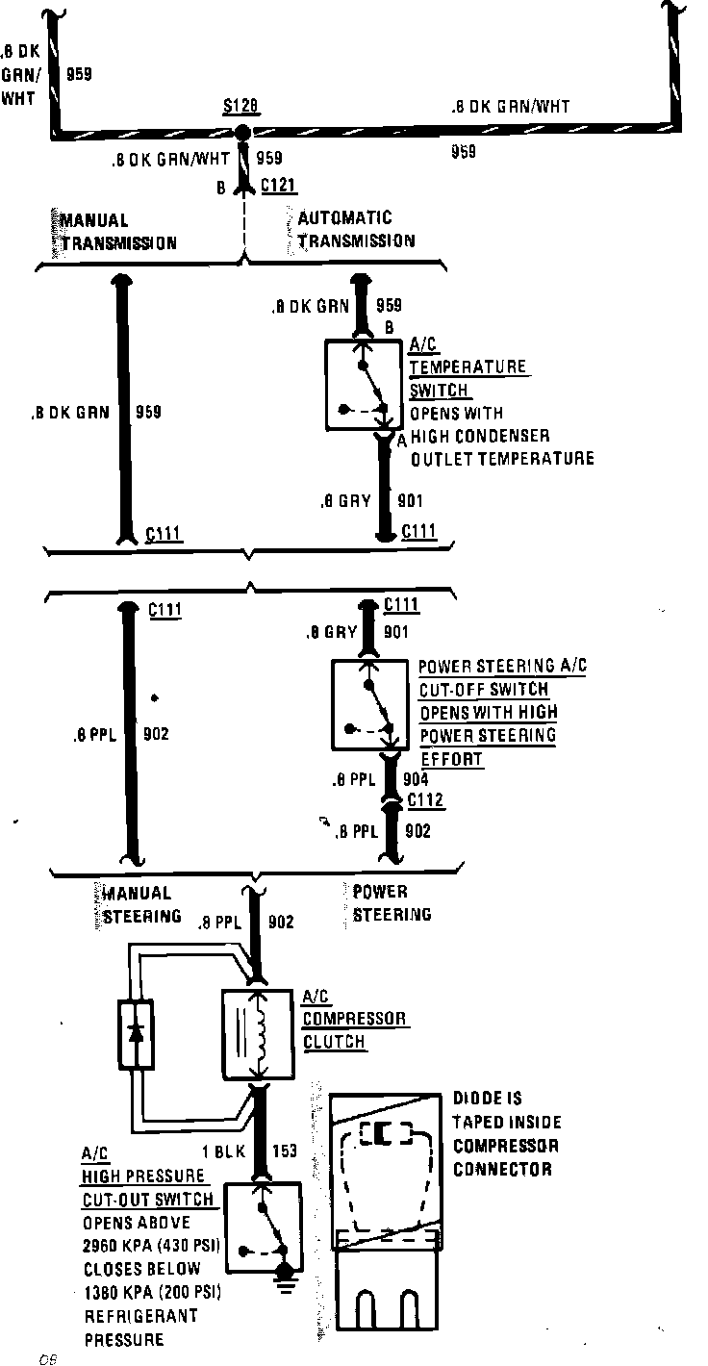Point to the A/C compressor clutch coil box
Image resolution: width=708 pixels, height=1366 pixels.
258,1034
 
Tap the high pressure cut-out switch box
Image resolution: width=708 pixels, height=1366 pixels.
262,1223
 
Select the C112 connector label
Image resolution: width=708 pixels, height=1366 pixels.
425,799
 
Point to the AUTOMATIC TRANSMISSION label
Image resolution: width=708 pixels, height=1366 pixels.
356,230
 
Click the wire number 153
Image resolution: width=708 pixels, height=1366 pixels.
286,1151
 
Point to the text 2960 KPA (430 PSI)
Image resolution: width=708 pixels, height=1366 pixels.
153,1246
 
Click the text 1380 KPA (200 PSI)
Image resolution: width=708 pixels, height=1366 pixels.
153,1292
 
